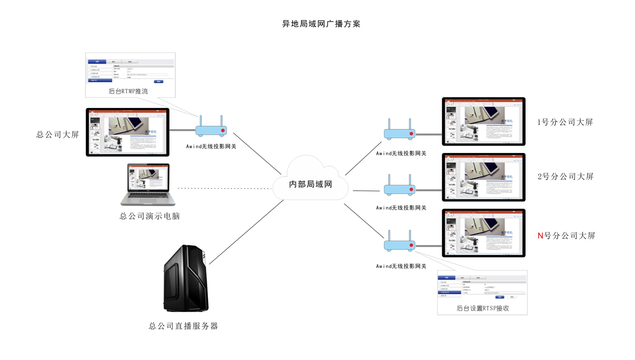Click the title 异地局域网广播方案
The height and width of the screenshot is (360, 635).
(321, 24)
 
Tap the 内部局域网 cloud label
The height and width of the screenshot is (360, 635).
(310, 184)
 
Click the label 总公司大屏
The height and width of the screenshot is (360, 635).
(57, 135)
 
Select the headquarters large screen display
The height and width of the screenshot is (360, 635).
(127, 132)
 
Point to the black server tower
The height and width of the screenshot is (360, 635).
(186, 278)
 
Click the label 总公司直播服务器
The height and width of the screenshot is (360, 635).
(183, 326)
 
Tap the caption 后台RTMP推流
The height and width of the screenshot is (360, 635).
(128, 91)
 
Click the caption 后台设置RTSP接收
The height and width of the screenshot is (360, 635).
(483, 308)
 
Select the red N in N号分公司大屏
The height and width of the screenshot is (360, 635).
(540, 236)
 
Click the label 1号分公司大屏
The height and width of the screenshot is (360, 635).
(565, 122)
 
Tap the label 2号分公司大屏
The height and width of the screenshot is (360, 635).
(565, 177)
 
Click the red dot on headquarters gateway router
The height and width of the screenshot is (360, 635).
(223, 130)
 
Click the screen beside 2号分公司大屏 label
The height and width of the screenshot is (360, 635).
(484, 177)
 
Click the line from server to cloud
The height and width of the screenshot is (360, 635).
(246, 232)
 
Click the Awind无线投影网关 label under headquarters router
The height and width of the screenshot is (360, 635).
(211, 146)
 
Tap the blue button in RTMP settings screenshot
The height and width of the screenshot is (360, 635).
(158, 82)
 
